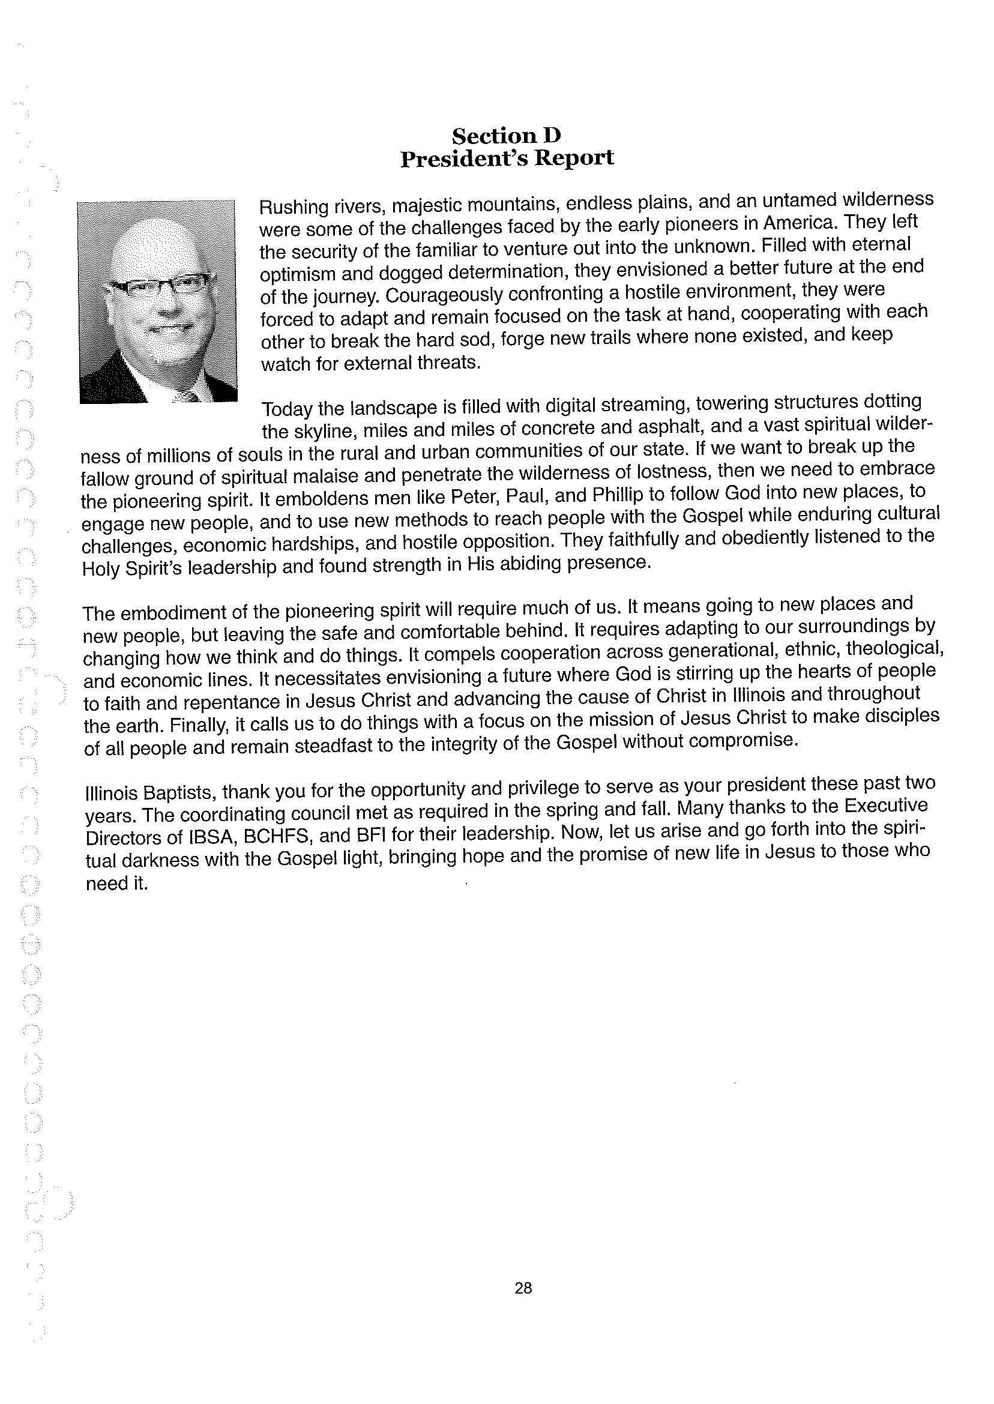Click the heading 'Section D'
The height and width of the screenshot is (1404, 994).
[x=506, y=134]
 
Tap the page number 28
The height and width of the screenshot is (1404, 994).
[x=523, y=1288]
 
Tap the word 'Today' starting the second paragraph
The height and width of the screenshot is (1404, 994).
[x=287, y=408]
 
